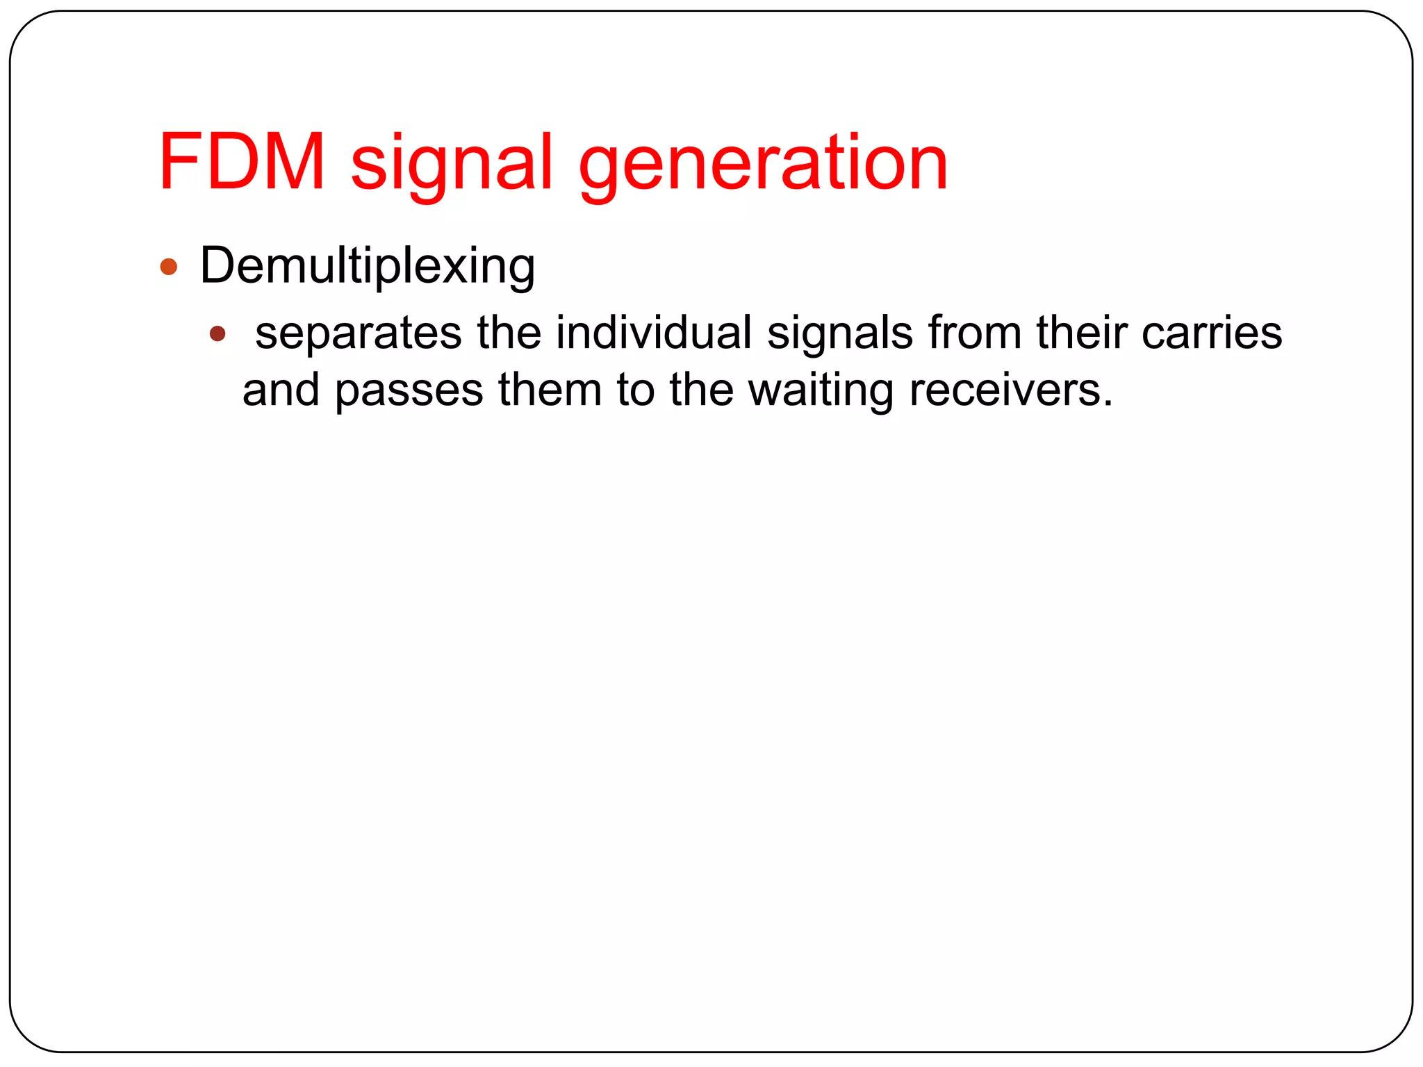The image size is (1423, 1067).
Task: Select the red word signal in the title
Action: coord(452,167)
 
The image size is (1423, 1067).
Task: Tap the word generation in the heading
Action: coord(763,167)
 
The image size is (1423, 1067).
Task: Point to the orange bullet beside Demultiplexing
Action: coord(169,267)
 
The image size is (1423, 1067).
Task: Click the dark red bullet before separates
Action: coord(217,334)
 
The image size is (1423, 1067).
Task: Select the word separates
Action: coord(358,334)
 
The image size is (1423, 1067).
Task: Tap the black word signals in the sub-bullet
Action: coord(839,334)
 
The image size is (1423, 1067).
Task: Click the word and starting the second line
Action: coord(281,390)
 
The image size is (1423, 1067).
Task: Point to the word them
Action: coord(550,390)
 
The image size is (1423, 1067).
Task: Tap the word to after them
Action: coord(635,390)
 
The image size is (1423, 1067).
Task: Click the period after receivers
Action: coord(1108,404)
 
